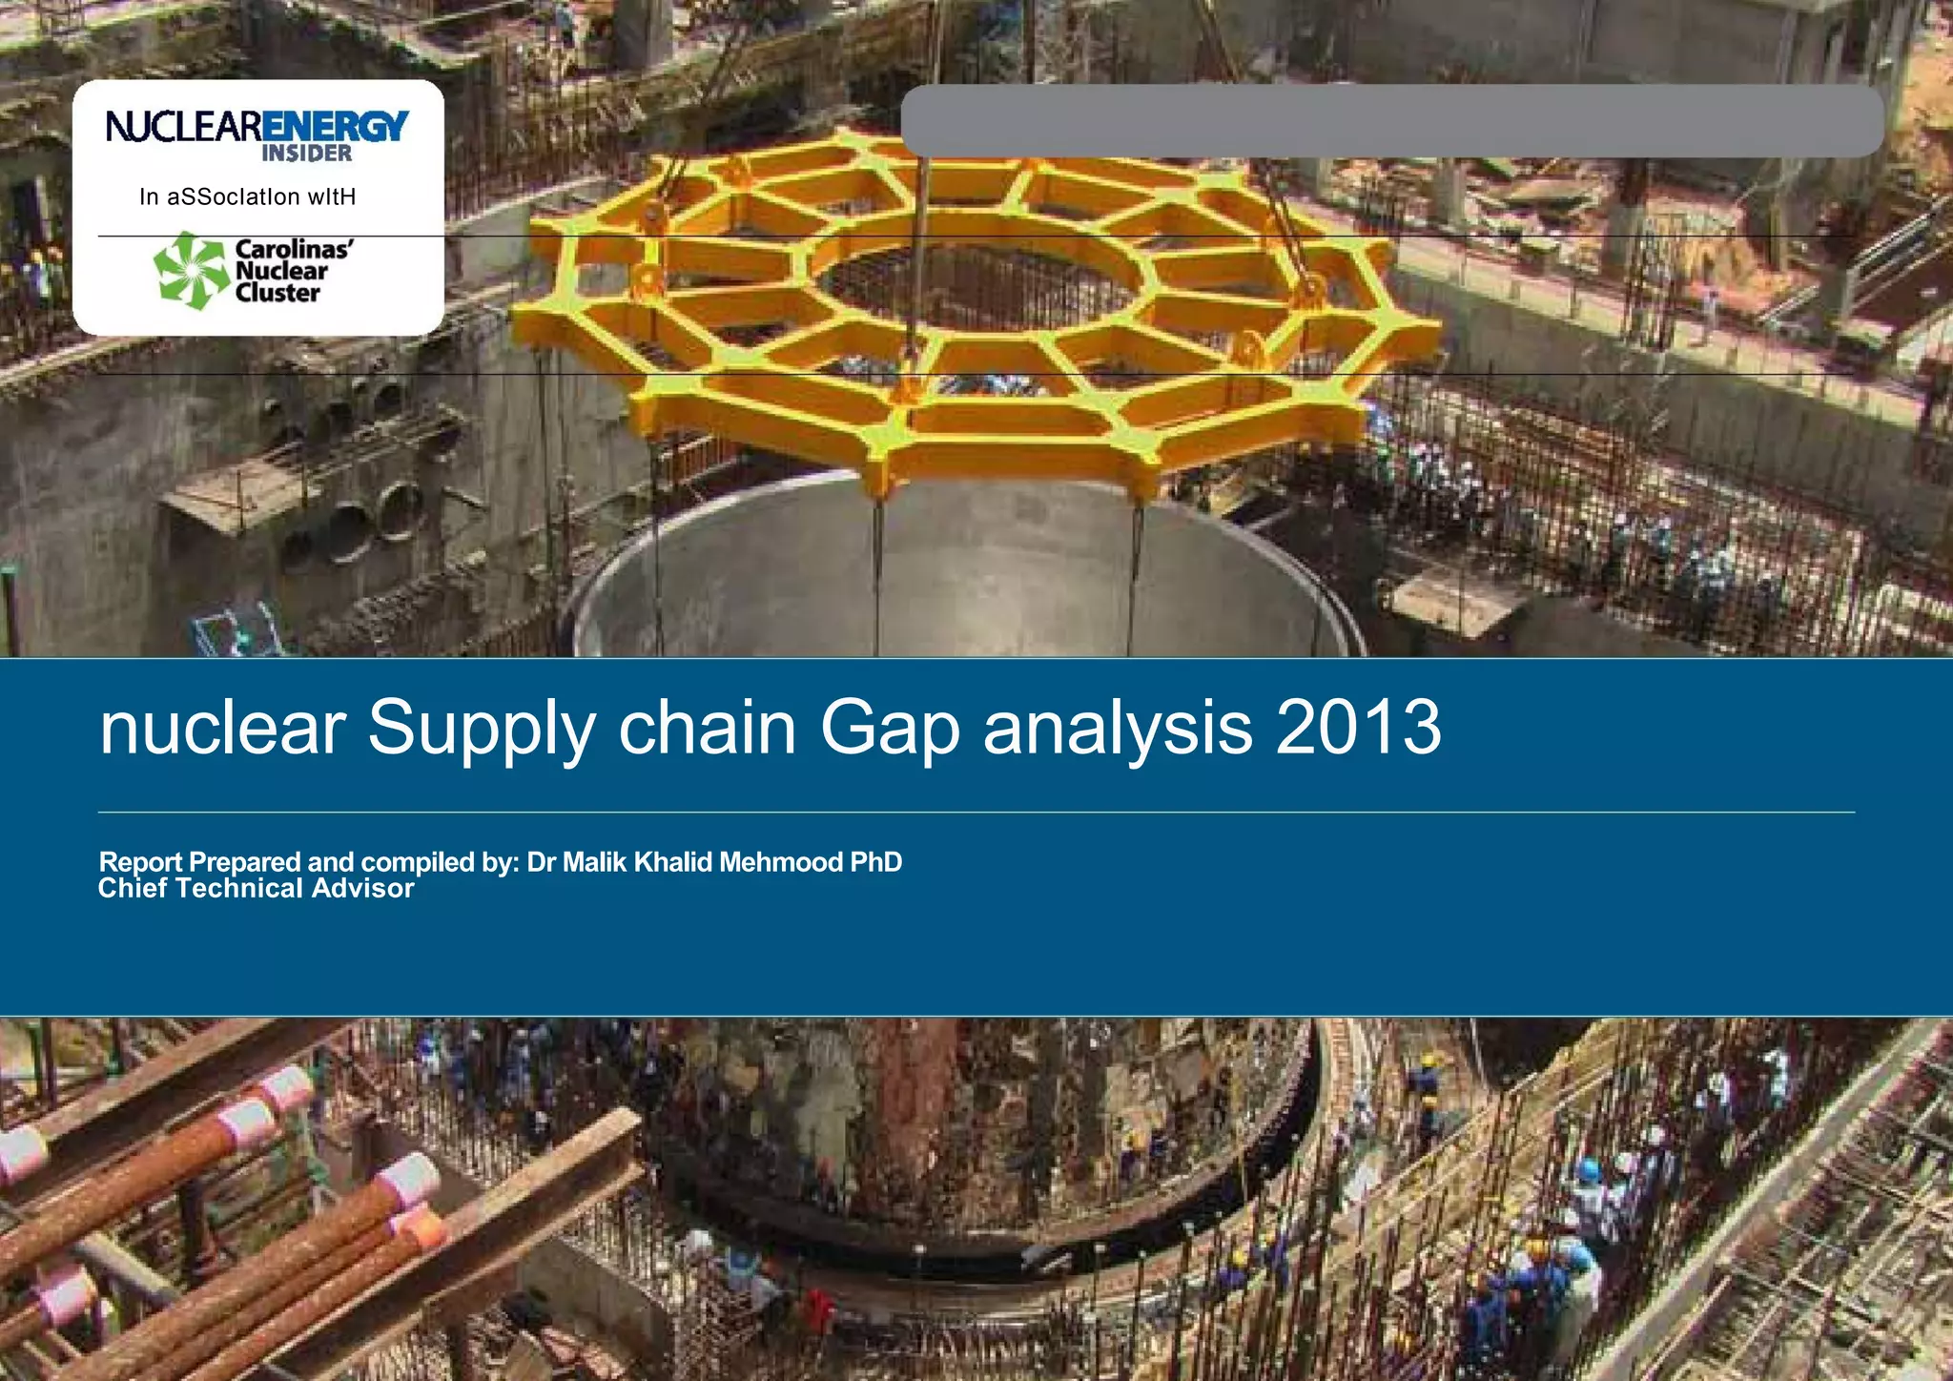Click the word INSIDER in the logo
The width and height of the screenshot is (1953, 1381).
click(306, 154)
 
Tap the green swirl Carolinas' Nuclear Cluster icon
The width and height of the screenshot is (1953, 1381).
click(192, 271)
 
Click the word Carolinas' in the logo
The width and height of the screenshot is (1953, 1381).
click(294, 249)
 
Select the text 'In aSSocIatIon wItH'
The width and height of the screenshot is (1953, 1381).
click(247, 197)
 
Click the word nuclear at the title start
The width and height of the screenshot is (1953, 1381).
click(222, 728)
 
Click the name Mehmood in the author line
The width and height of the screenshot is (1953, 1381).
click(781, 862)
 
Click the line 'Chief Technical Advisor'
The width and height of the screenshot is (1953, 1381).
click(256, 889)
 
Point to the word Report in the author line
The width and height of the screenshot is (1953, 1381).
click(140, 862)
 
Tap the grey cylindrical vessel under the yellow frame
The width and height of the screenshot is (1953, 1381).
click(963, 572)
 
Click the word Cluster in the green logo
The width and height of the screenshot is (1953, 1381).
click(278, 293)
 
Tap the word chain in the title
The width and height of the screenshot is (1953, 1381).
click(707, 728)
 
